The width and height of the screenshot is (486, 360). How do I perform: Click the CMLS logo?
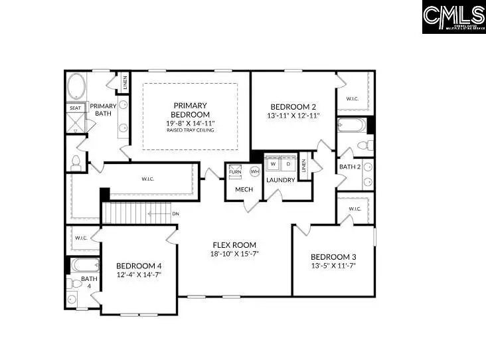(x=453, y=17)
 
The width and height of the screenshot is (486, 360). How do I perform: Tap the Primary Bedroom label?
(x=191, y=110)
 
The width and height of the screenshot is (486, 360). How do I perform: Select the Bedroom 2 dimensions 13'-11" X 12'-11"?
(x=293, y=116)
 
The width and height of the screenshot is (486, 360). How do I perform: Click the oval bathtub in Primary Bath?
(x=76, y=87)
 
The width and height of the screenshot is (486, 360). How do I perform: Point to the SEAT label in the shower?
(x=75, y=108)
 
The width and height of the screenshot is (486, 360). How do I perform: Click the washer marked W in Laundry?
(x=273, y=164)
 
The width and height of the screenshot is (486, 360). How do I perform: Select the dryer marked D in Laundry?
(x=287, y=164)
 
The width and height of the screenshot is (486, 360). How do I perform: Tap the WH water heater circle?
(x=254, y=171)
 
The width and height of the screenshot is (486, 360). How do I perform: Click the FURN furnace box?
(x=235, y=171)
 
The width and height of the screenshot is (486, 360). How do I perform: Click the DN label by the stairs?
(x=175, y=214)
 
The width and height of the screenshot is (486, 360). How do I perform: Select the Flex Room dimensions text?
(x=234, y=254)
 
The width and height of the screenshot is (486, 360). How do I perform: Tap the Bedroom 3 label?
(x=333, y=257)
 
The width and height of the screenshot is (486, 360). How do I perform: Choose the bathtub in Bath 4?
(x=84, y=265)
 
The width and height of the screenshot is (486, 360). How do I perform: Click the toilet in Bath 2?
(x=364, y=145)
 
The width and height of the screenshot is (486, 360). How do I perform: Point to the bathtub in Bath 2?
(x=351, y=125)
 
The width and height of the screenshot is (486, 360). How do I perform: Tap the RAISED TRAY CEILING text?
(x=191, y=131)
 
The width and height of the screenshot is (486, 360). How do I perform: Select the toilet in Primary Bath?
(x=76, y=161)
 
